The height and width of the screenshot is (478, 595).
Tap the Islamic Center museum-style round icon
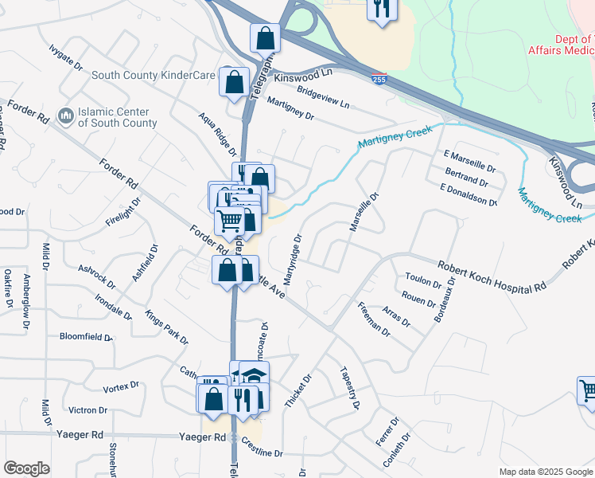click(x=65, y=117)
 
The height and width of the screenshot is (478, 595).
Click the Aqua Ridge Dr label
click(x=217, y=134)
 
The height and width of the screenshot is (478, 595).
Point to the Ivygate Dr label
click(x=65, y=58)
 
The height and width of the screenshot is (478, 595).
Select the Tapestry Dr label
click(x=349, y=388)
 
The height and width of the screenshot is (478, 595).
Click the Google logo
click(x=27, y=468)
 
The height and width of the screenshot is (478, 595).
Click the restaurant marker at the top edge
click(x=382, y=9)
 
